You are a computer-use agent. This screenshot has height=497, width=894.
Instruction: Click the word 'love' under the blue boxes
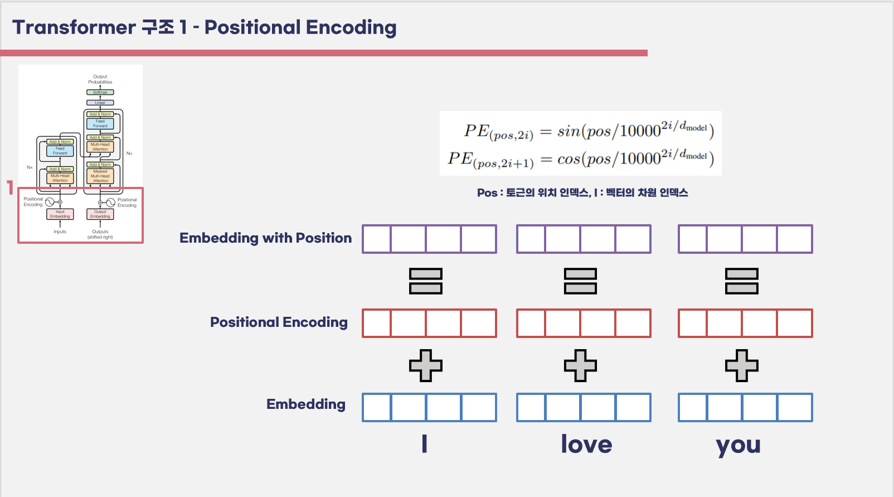point(586,445)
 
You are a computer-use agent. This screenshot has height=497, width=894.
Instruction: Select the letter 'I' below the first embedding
point(425,444)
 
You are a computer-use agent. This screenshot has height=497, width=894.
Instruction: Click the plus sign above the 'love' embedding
point(580,365)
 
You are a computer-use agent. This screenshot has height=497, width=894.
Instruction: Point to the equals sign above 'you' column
point(741,281)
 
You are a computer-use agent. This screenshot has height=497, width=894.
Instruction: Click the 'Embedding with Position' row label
point(265,238)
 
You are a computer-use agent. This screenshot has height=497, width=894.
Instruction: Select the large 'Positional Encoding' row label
point(279,322)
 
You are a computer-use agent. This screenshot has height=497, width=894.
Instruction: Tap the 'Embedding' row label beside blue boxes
point(305,404)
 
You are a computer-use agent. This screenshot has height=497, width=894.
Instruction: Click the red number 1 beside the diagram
point(10,187)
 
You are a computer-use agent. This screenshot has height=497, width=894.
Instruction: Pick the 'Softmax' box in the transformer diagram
point(100,92)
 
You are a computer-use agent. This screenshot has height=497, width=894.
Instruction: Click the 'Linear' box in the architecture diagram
point(100,103)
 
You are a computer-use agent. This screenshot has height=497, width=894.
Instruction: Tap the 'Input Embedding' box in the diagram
point(60,214)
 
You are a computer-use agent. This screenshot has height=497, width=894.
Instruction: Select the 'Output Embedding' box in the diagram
point(100,214)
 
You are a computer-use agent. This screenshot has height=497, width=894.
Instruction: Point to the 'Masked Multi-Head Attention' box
point(100,176)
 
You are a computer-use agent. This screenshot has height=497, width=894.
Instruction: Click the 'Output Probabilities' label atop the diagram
point(100,79)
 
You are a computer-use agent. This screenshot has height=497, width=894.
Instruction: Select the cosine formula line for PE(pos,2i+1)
point(581,159)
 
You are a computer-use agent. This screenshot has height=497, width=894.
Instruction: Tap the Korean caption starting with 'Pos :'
point(582,193)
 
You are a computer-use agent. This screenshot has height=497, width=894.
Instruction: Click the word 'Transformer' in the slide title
point(74,27)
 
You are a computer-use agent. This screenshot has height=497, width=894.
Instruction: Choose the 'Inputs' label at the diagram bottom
point(60,231)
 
